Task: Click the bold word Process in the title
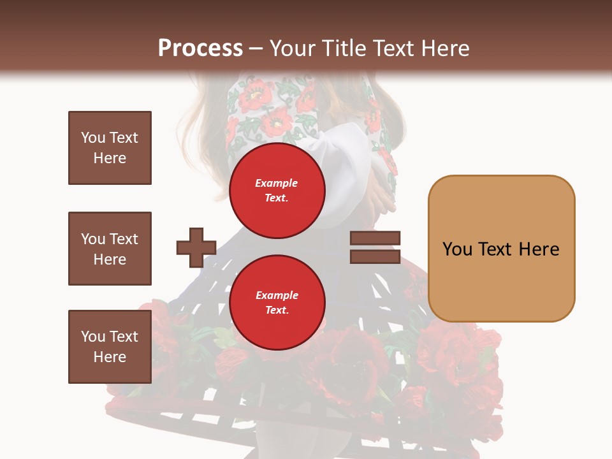point(200,48)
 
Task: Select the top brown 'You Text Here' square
point(110,148)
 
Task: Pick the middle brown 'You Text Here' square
point(110,249)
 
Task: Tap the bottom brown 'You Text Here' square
point(110,346)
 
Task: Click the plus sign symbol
point(196,248)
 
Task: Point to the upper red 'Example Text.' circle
point(277,190)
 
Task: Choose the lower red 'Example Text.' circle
point(277,302)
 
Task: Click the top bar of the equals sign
point(375,239)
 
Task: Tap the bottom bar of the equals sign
point(375,257)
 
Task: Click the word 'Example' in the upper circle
point(277,183)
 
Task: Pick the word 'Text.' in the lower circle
point(277,310)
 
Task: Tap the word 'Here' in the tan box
point(538,249)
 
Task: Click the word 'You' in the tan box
point(458,249)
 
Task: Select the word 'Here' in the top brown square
point(110,158)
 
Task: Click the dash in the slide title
point(256,48)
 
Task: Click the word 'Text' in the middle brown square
point(124,239)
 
